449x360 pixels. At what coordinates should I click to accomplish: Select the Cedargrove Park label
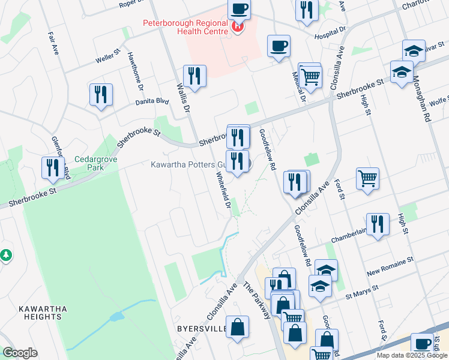click(89, 163)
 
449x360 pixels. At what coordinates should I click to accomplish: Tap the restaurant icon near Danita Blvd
click(101, 95)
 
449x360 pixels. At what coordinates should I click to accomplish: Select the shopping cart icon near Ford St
click(367, 179)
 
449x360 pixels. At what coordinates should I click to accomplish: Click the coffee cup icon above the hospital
click(239, 8)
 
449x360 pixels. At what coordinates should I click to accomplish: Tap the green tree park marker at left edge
click(6, 255)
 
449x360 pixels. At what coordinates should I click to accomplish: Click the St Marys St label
click(361, 292)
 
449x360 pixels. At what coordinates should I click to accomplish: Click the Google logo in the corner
click(20, 353)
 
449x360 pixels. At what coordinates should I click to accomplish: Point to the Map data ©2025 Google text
click(411, 355)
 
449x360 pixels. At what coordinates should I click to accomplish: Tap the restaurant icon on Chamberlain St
click(378, 224)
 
